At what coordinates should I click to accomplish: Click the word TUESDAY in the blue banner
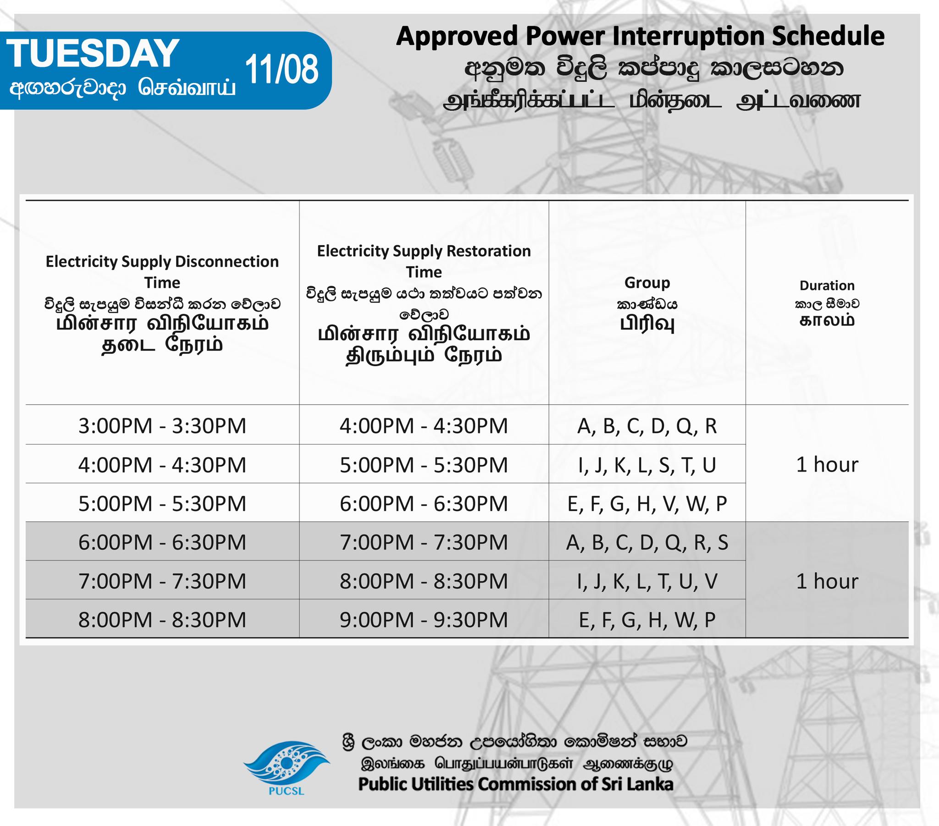click(x=93, y=53)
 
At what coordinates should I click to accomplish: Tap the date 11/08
click(x=282, y=69)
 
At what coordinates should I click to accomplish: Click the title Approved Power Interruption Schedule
click(x=640, y=36)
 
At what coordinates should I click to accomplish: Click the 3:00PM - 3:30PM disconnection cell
click(x=162, y=425)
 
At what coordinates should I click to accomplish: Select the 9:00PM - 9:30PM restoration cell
click(x=424, y=619)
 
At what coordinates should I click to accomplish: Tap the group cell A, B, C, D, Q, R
click(x=647, y=426)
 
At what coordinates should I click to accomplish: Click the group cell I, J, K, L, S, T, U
click(x=647, y=465)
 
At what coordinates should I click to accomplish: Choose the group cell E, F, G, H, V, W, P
click(x=647, y=503)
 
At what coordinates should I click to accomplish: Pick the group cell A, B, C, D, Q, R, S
click(x=647, y=542)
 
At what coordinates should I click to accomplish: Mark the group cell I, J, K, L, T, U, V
click(x=647, y=581)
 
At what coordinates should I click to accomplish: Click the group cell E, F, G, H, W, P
click(x=647, y=620)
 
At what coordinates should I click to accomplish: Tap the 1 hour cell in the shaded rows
click(x=827, y=581)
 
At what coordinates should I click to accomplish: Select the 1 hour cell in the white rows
click(x=827, y=464)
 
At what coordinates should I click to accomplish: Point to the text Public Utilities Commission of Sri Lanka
click(x=515, y=784)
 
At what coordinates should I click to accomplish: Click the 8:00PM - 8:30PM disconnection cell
click(x=162, y=619)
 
